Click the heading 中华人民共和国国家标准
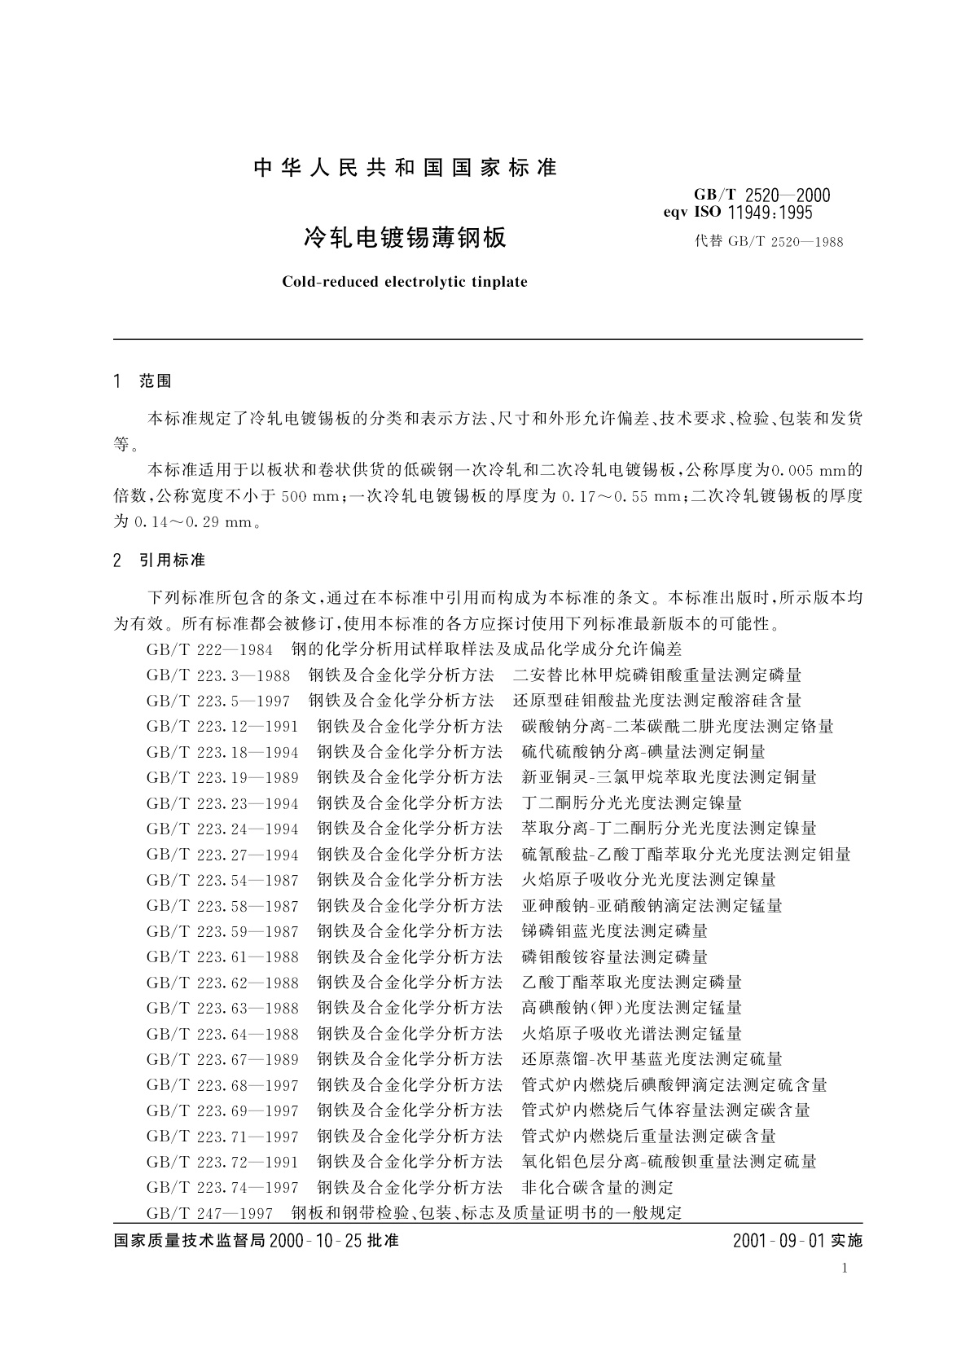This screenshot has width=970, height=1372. click(405, 169)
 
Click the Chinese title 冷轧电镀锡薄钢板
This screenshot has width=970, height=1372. click(405, 238)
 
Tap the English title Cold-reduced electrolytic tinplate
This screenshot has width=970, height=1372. click(405, 282)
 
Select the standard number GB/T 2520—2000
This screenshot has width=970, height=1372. click(762, 195)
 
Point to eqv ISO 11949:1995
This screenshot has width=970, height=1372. click(740, 213)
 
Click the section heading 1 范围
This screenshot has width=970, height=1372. click(143, 380)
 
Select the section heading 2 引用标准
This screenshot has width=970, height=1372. click(160, 560)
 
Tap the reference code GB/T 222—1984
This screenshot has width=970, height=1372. click(209, 649)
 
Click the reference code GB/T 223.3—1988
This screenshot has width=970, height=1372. click(218, 675)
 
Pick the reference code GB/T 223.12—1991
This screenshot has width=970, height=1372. click(222, 726)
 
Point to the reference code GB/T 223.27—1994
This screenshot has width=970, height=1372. click(222, 855)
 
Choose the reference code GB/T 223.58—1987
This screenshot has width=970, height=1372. click(222, 906)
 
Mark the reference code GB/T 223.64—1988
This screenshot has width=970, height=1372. click(222, 1034)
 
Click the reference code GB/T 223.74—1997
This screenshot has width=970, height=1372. click(222, 1188)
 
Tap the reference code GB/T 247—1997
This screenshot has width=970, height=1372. click(209, 1213)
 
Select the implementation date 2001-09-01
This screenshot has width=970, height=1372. click(778, 1241)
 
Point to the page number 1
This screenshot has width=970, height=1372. click(845, 1268)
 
